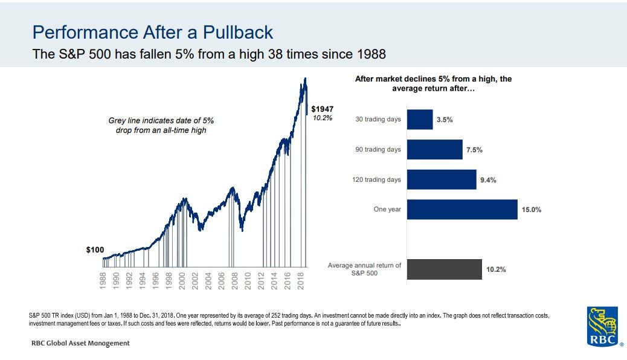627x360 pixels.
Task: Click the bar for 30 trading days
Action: point(420,120)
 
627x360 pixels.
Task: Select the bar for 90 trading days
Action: point(434,149)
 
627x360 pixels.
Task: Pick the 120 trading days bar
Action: point(442,179)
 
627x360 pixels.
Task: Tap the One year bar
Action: point(462,209)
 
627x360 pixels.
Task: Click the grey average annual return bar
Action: point(444,269)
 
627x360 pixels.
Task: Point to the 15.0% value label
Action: point(532,210)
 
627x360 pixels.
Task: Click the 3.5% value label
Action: point(445,120)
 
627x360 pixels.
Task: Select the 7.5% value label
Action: point(474,150)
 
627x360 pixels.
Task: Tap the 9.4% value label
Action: point(488,180)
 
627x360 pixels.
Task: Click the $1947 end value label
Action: point(322,109)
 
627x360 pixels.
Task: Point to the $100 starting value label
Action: point(95,249)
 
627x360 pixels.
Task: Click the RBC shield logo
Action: point(602,326)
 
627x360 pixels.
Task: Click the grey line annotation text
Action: point(161,126)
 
